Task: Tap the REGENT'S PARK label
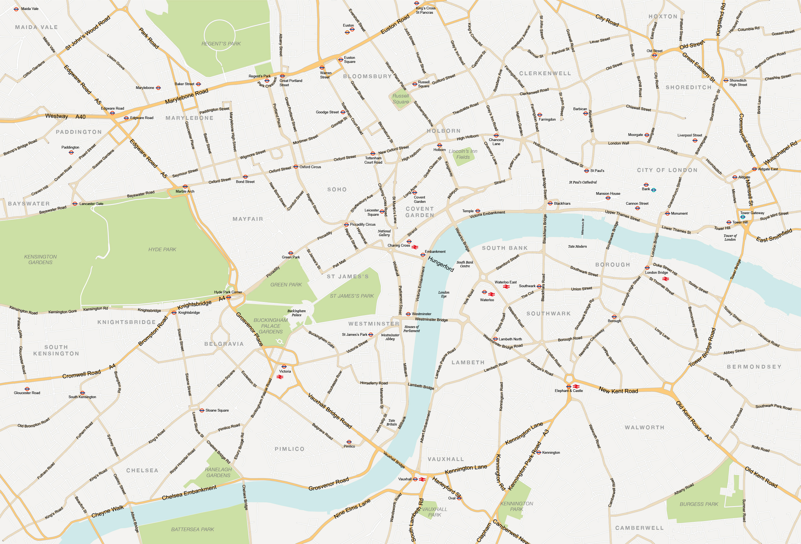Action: tap(221, 44)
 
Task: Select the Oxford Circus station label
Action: tap(310, 167)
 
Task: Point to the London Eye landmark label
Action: tap(444, 294)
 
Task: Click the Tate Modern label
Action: tap(577, 247)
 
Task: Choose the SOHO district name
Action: tap(337, 190)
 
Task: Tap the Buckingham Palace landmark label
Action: tap(296, 313)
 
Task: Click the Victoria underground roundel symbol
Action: tap(284, 367)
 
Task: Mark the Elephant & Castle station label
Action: tap(569, 391)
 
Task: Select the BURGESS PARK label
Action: tap(699, 504)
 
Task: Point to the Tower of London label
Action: tap(730, 237)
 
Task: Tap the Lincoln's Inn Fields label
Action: tap(463, 154)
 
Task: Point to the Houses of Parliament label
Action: tap(412, 329)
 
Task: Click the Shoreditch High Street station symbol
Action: tap(726, 81)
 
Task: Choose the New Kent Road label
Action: tap(618, 391)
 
